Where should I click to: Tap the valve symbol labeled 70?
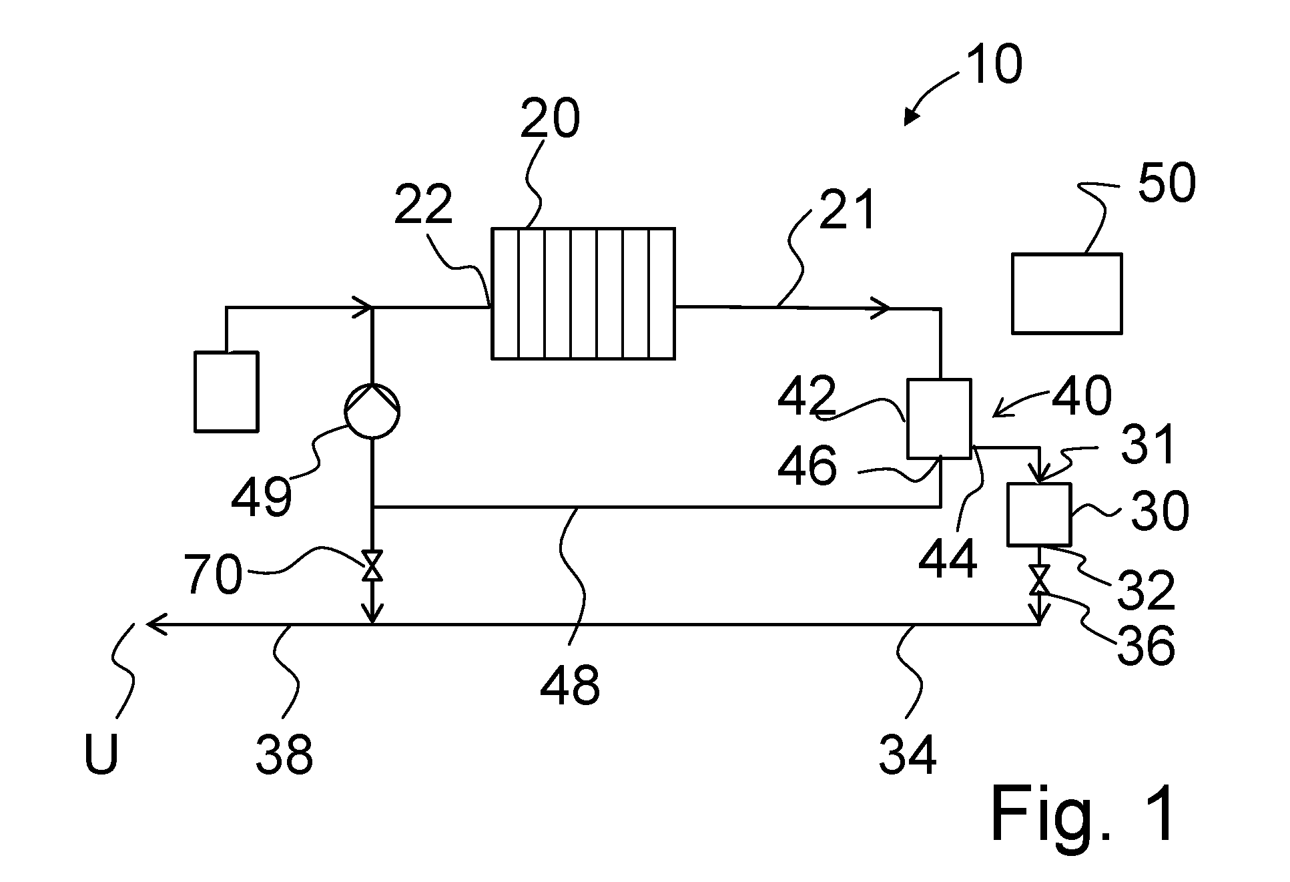(372, 566)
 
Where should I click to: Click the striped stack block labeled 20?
(583, 293)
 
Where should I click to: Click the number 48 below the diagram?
(569, 686)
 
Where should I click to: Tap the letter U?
(101, 754)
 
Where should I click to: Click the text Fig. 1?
(1082, 814)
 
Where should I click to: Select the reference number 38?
(284, 754)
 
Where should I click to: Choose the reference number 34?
(908, 754)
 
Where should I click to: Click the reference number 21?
(846, 208)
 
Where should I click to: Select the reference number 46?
(807, 465)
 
